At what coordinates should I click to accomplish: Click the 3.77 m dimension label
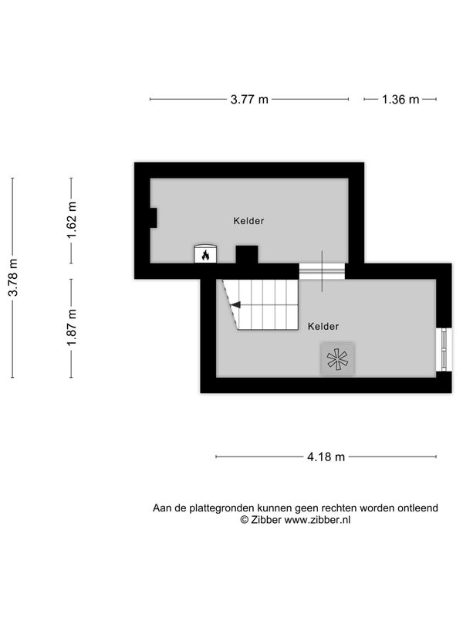point(249,100)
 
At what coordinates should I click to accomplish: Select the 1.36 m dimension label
point(400,100)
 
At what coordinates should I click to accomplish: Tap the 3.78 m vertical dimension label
point(13,277)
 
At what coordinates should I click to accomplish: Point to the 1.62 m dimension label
point(72,220)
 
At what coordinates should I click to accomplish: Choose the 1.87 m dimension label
point(72,328)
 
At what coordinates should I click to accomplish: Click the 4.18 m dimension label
point(326,457)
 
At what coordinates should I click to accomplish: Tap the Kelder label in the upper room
point(248,221)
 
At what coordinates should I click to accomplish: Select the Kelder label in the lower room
point(323,326)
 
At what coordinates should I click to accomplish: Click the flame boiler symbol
point(205,254)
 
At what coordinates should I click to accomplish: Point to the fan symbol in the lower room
point(337,359)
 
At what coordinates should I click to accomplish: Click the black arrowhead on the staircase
point(235,304)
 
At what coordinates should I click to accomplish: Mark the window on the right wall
point(444,349)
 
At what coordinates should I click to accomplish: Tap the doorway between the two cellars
point(322,271)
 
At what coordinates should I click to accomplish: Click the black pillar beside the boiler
point(247,255)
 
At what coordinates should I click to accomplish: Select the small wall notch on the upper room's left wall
point(153,218)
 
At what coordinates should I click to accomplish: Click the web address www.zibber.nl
point(317,520)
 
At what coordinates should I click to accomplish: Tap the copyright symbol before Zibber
point(245,520)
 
